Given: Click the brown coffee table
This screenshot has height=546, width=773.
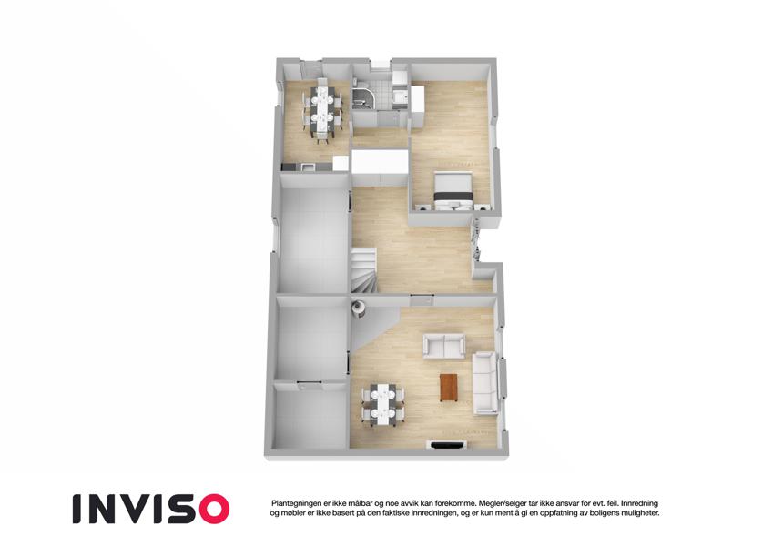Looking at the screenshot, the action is [449, 387].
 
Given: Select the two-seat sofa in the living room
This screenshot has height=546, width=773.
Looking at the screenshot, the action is [444, 346].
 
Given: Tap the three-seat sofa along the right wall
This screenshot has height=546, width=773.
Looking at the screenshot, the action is [484, 383].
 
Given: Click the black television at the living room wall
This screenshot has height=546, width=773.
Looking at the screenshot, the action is [449, 446].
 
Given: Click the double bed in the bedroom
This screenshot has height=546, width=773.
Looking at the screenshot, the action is [453, 189].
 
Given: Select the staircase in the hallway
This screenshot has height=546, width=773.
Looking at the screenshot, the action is [363, 270].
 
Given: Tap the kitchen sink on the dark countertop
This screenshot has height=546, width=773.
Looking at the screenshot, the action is [308, 167].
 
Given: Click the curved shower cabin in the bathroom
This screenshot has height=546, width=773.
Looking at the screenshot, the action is [364, 98].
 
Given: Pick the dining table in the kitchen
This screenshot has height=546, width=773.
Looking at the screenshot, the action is [322, 111].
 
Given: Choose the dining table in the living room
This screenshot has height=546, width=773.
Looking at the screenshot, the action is [382, 404].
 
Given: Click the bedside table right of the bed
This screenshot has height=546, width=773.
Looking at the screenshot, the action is [482, 207].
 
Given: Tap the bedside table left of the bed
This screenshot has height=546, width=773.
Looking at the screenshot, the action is [422, 207].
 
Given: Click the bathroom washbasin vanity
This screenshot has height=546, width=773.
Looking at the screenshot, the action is [401, 96].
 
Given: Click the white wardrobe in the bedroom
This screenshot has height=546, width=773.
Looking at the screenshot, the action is [418, 106].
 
